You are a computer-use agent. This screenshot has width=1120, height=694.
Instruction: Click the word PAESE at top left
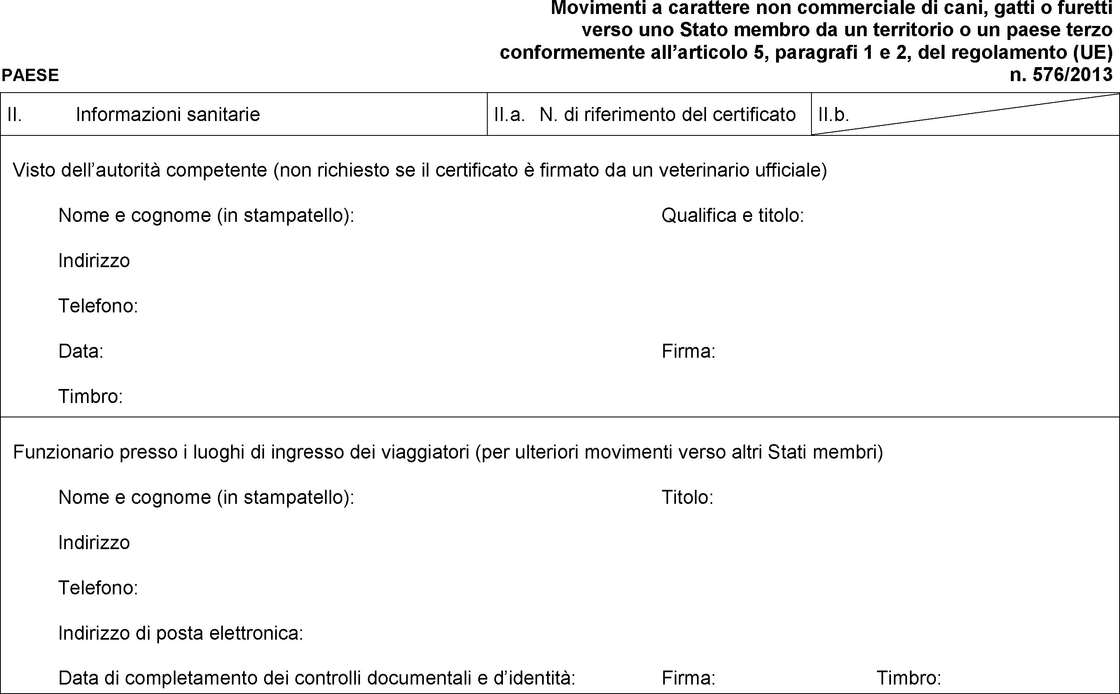click(x=30, y=75)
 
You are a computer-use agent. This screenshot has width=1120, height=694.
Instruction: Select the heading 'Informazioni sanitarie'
click(x=168, y=114)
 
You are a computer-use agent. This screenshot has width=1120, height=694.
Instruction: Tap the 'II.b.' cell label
click(x=833, y=115)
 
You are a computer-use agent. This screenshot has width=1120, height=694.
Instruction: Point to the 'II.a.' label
click(x=509, y=115)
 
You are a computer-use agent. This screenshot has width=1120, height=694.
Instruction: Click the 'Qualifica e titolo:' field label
click(x=732, y=215)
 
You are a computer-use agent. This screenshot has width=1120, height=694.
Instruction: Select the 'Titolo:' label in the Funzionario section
click(x=687, y=497)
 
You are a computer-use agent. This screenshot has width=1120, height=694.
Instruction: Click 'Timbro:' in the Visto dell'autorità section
click(x=91, y=396)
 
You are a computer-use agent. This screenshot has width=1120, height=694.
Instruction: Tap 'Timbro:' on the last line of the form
click(x=909, y=678)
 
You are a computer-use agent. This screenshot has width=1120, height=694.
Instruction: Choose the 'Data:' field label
click(x=81, y=351)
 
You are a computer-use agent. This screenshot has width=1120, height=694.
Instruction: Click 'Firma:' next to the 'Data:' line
click(x=688, y=351)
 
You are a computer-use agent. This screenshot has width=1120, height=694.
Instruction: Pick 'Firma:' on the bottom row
click(x=688, y=678)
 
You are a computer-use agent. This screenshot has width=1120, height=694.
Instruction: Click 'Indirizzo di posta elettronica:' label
click(x=180, y=633)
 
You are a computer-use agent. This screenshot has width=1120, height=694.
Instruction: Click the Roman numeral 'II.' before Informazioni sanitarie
click(x=14, y=115)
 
